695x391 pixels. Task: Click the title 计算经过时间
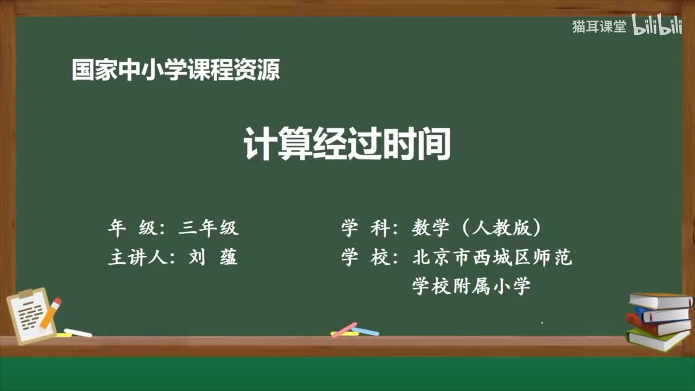coord(347,145)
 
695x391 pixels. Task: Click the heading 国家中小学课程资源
coord(175,71)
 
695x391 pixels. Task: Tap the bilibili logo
coord(657,27)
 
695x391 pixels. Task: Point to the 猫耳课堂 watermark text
coord(599,27)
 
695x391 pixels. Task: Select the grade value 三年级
coord(208,228)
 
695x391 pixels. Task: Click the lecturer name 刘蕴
coord(213,257)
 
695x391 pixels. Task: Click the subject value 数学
coord(431,228)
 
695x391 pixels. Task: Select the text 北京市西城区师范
coord(492,257)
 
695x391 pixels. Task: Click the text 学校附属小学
coord(471,286)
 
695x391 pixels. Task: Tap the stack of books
coord(659,320)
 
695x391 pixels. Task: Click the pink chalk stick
coord(344,329)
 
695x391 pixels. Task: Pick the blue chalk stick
coord(366,331)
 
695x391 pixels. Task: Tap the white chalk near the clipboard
coord(78,333)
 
